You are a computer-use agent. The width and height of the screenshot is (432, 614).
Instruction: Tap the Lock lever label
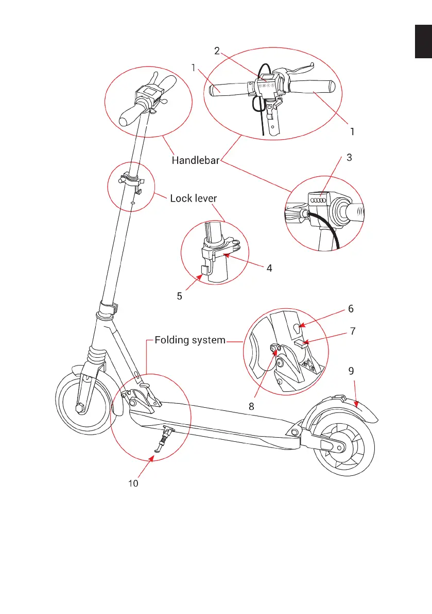(194, 198)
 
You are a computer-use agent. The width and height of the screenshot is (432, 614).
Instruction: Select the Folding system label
(190, 340)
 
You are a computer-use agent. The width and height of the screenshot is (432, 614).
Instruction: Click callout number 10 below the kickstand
(134, 484)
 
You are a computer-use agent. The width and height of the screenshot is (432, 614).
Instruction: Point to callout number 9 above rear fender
(351, 371)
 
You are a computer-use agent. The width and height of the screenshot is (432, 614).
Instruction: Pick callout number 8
(251, 406)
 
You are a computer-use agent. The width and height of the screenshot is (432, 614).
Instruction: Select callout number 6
(351, 309)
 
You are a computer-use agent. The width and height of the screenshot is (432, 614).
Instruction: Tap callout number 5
(180, 297)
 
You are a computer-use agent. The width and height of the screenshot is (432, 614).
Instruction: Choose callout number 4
(269, 268)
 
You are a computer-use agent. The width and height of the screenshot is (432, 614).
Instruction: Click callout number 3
(350, 158)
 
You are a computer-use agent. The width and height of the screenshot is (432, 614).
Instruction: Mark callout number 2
(217, 51)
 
